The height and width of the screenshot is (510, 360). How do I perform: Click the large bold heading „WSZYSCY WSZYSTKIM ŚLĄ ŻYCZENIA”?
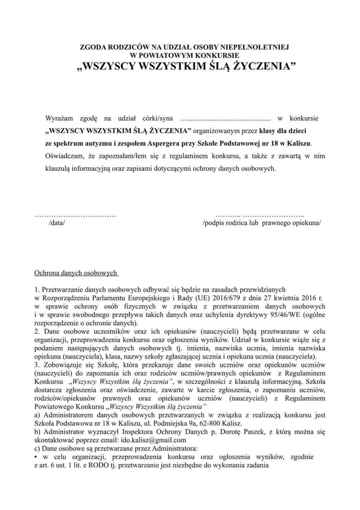[184, 67]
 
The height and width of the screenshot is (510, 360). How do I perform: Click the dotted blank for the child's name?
[225, 118]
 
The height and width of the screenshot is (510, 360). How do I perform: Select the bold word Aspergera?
[163, 142]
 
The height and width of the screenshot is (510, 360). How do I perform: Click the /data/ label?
[57, 223]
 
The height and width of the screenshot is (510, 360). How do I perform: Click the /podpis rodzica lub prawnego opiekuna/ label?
[262, 223]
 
